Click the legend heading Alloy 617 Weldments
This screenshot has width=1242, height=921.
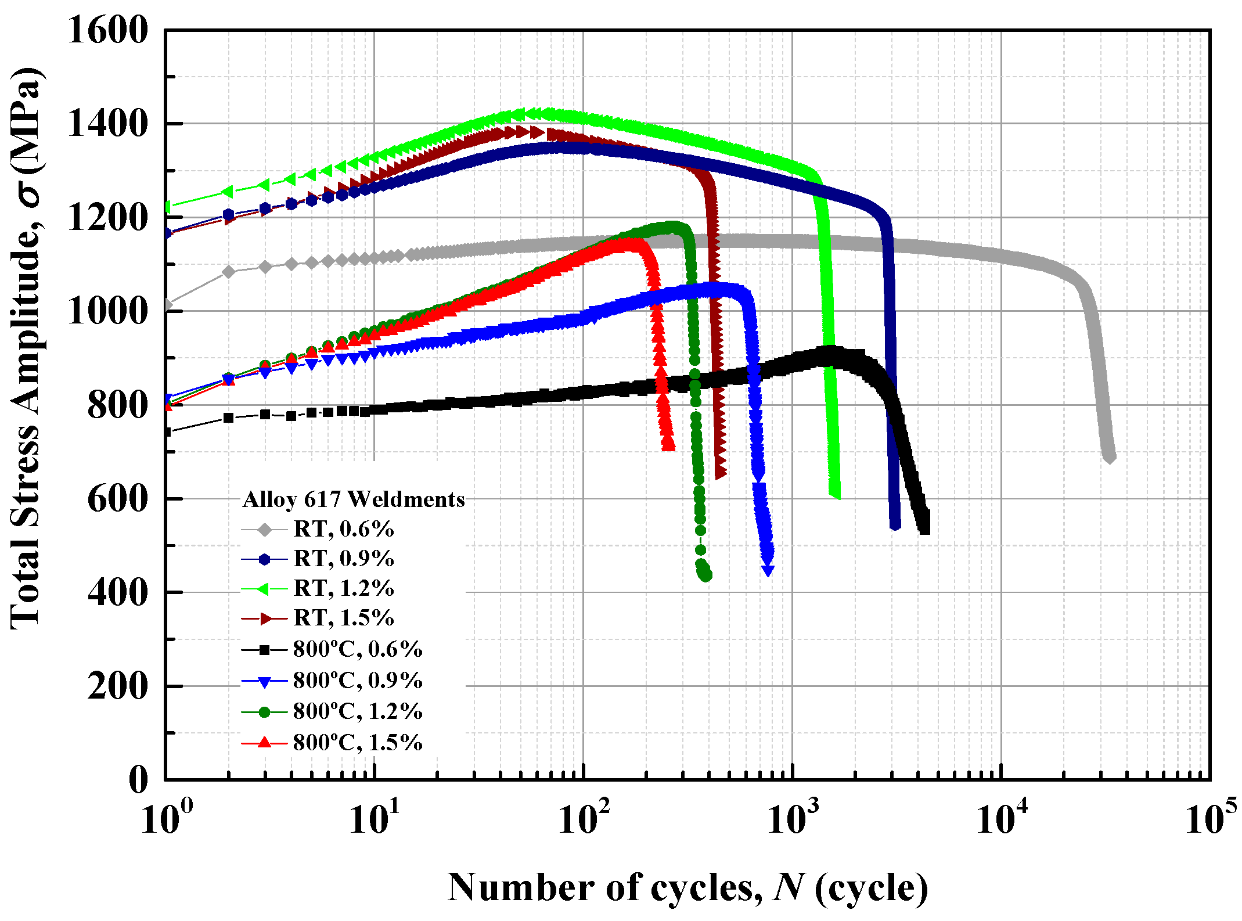(353, 499)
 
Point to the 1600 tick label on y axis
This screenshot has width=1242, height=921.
(107, 30)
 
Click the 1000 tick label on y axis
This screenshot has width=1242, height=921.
(107, 311)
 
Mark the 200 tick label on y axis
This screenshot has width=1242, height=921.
(118, 686)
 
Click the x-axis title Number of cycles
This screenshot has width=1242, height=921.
(687, 888)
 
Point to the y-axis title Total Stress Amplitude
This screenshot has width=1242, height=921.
(26, 348)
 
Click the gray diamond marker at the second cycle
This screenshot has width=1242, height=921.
(229, 272)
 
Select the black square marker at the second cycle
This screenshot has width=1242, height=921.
(229, 418)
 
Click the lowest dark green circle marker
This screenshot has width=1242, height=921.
(706, 575)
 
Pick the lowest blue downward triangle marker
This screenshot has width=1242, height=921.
(768, 571)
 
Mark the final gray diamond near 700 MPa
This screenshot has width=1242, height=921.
(1109, 458)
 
